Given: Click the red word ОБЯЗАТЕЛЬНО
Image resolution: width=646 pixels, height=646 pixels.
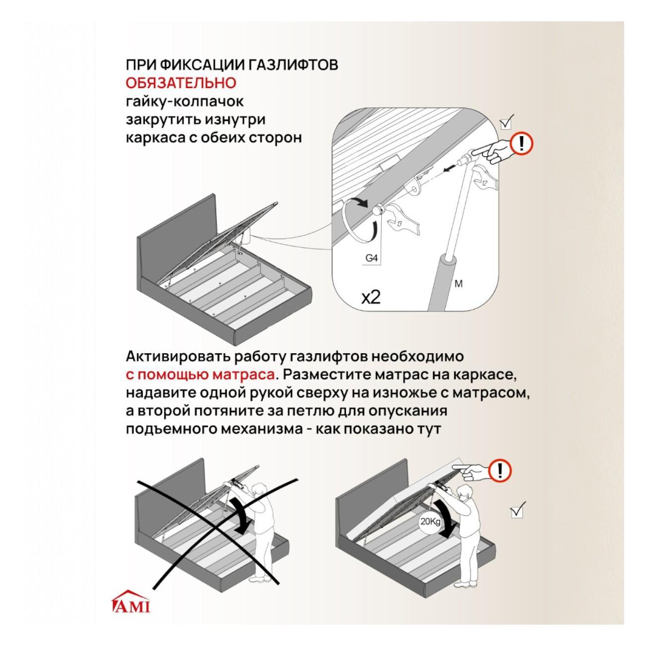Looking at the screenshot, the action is (181, 83).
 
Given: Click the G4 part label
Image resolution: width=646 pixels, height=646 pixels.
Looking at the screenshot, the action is (371, 258).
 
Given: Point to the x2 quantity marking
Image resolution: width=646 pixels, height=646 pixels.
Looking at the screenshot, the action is (371, 297).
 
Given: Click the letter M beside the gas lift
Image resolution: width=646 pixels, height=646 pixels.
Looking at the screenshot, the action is (458, 284).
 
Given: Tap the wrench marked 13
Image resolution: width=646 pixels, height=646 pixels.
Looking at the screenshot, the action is (402, 220).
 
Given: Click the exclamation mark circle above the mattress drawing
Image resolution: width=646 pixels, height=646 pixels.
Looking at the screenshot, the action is (500, 471).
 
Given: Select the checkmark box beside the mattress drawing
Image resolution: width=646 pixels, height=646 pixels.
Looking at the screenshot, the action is (517, 510).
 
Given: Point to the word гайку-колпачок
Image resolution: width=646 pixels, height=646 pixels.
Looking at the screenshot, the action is (185, 101).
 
